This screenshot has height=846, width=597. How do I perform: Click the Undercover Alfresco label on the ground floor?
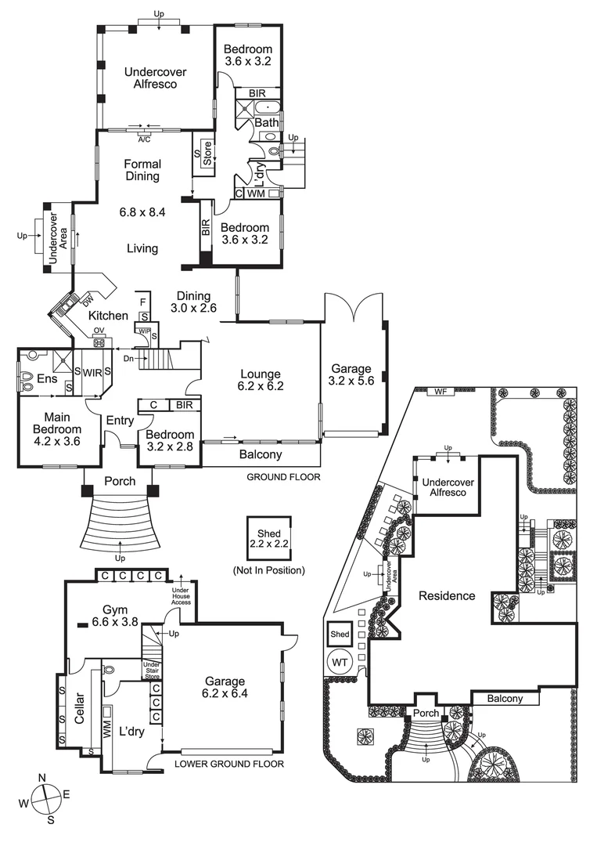(155, 78)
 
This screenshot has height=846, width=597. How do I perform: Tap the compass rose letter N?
(42, 778)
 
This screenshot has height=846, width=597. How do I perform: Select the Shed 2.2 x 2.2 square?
(269, 539)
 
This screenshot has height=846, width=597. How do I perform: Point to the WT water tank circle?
(340, 663)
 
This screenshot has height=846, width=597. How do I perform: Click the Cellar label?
(79, 708)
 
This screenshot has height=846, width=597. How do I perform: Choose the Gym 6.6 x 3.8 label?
(115, 616)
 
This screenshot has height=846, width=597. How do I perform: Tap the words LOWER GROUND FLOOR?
(229, 764)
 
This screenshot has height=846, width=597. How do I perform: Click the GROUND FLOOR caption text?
(283, 477)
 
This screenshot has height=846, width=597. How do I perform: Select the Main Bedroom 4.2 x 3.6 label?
(57, 429)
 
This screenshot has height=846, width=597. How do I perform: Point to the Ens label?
(47, 379)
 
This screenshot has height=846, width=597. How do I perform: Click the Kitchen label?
(108, 316)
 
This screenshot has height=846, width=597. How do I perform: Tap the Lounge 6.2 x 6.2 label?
(261, 380)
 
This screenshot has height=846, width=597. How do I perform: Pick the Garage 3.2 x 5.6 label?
(351, 374)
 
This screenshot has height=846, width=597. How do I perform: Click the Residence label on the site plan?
(447, 595)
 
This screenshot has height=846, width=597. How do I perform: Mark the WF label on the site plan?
(441, 392)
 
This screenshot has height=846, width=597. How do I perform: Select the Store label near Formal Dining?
(208, 154)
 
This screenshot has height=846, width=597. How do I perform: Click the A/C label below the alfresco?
(145, 139)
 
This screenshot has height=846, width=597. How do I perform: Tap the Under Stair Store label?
(152, 670)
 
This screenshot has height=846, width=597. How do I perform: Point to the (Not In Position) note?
(269, 570)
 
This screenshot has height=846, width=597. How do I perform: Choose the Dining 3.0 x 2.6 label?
(193, 302)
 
